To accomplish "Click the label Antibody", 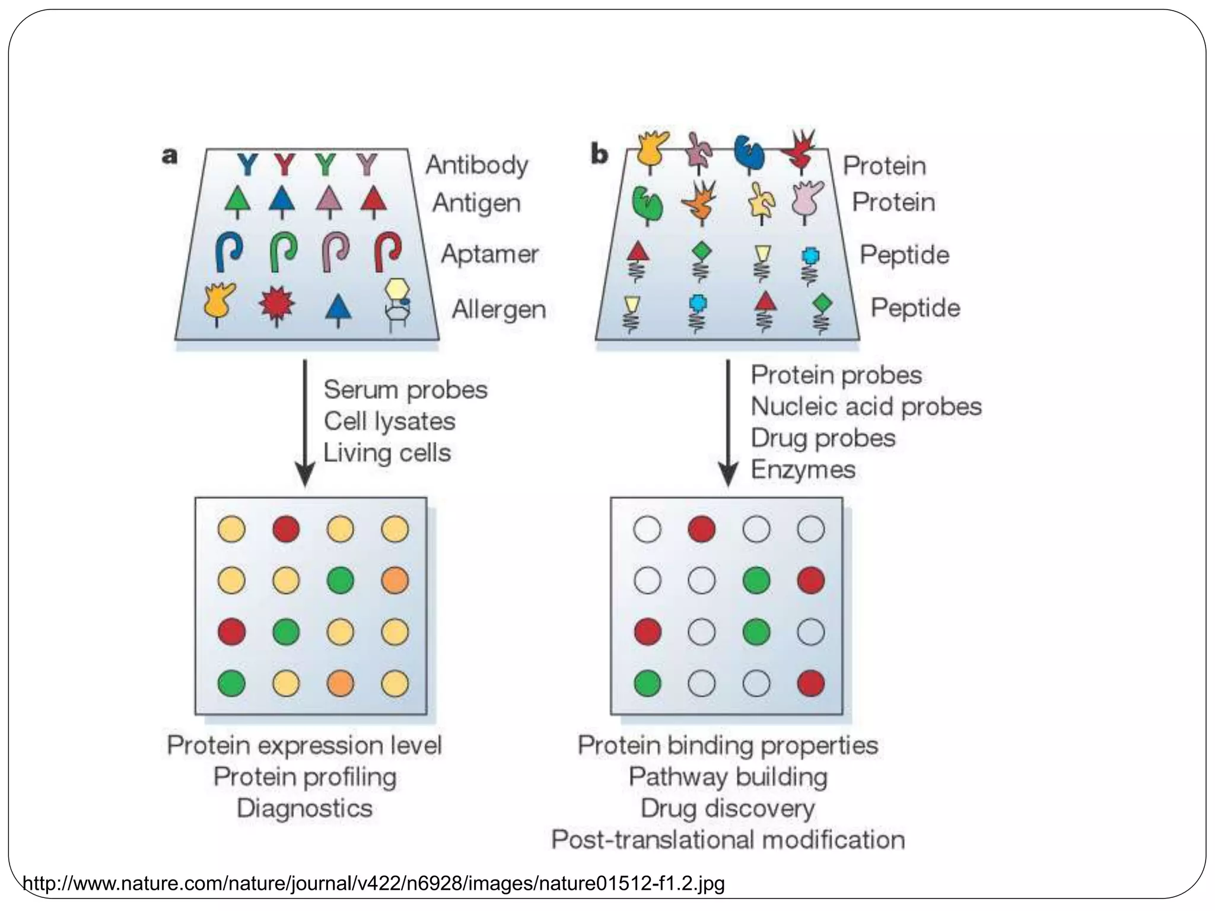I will point(476,165).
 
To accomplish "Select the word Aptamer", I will point(489,254).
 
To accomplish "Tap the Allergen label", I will point(498,310).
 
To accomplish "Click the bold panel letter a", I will point(170,156).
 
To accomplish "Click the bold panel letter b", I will point(599,155).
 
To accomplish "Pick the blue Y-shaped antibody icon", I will point(247,164).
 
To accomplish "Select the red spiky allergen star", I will point(276,305).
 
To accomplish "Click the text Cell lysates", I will point(389,422).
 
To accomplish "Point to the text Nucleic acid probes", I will point(866,407).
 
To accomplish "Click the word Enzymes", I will point(803,470).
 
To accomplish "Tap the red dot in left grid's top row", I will point(286,529).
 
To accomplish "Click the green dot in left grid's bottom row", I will point(231,683).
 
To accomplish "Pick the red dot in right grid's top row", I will point(701,529).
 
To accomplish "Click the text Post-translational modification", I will point(728,840).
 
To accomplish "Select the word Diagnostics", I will point(304,808).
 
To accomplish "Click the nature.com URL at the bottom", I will point(374,884).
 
